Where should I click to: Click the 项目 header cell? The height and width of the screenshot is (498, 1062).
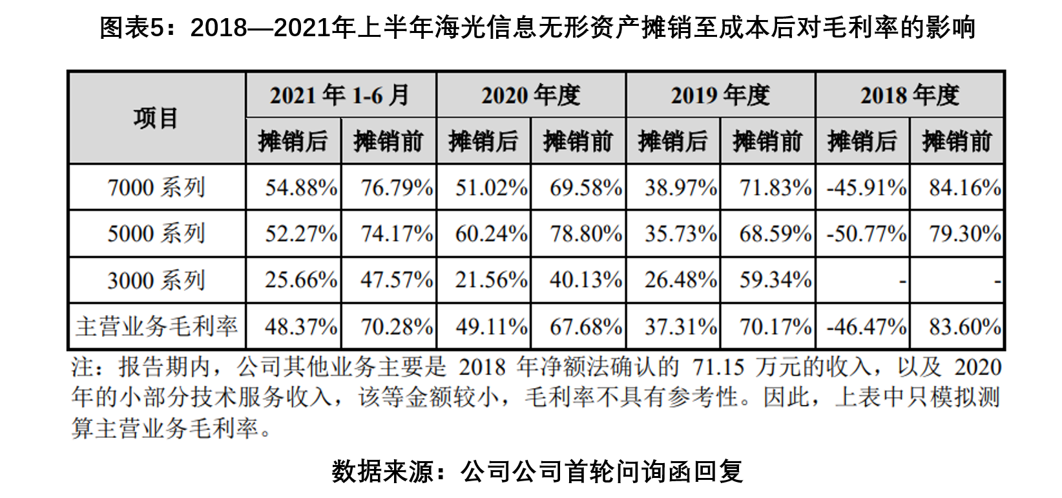tap(156, 118)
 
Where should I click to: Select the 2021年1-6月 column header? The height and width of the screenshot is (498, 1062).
tap(340, 95)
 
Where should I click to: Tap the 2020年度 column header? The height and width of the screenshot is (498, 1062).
tap(530, 95)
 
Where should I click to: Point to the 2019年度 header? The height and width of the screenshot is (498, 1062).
tap(720, 95)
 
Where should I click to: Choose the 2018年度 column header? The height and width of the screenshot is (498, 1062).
tap(909, 95)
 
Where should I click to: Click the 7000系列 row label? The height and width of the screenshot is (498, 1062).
tap(156, 188)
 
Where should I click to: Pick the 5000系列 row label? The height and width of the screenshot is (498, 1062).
tap(156, 233)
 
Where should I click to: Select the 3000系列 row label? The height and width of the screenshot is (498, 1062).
tap(156, 280)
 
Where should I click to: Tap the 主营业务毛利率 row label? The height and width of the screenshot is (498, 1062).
tap(156, 327)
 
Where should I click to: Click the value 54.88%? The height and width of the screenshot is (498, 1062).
tap(301, 188)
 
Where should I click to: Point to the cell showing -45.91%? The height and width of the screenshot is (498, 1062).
tap(866, 188)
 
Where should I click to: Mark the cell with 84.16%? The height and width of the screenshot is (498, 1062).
tap(964, 188)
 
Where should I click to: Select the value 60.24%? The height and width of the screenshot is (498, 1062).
tap(491, 233)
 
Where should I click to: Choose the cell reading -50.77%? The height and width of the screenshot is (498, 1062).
tap(866, 233)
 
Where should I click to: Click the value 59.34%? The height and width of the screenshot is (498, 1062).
tap(775, 280)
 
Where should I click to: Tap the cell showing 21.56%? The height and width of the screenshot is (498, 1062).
tap(491, 280)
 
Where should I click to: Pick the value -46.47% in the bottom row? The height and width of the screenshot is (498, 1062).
tap(866, 327)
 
